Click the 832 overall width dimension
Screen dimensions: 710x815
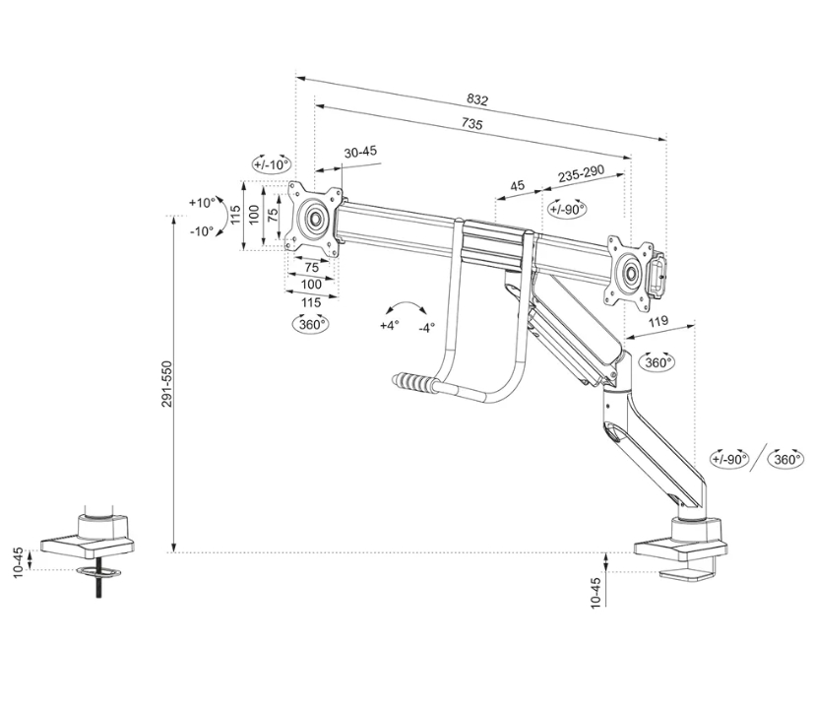coord(478,100)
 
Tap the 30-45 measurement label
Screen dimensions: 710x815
coord(360,152)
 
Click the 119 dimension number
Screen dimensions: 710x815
coord(659,320)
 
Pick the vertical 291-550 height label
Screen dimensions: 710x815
coord(167,384)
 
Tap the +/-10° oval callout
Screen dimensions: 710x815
coord(272,164)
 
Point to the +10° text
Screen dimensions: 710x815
coord(202,203)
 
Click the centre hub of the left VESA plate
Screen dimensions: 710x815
coord(315,217)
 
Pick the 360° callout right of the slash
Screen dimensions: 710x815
coord(786,459)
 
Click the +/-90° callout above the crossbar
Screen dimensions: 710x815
coord(566,209)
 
